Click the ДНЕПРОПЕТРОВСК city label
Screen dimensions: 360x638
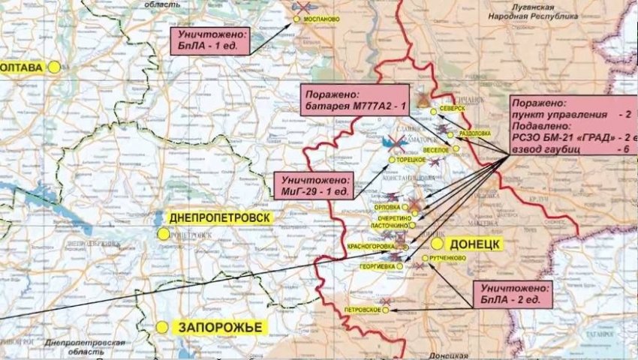pos(219,217)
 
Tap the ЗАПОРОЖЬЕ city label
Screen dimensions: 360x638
pos(218,327)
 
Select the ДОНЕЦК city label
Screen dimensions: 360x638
pos(474,244)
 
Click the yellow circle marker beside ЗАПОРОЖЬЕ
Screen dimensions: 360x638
pos(161,327)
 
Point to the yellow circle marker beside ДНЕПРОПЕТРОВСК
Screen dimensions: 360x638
pos(163,234)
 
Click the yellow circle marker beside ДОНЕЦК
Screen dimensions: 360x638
pos(437,244)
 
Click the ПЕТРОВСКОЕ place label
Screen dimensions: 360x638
pos(360,310)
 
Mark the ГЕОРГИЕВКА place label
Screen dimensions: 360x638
pos(378,265)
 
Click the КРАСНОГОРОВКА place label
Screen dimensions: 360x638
pos(373,246)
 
